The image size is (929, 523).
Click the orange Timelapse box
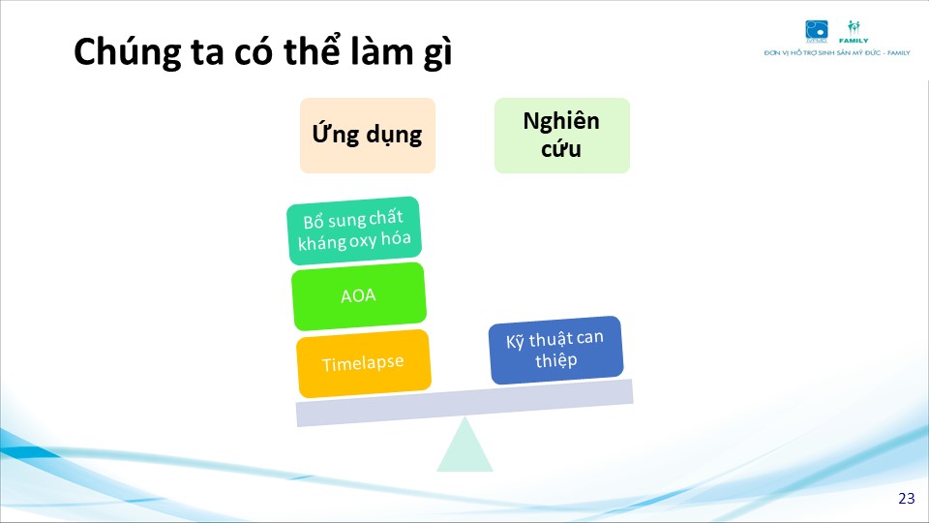[x=364, y=363]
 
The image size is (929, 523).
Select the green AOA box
[x=359, y=296]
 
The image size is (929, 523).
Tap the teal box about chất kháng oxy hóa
[x=354, y=231]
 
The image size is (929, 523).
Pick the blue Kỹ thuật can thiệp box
[x=555, y=350]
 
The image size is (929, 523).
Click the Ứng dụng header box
[x=368, y=136]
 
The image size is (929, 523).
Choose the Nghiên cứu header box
[x=561, y=136]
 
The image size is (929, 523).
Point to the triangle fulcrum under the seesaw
[x=465, y=445]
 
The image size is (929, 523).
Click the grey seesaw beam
[x=464, y=403]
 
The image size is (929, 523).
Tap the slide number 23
[x=907, y=498]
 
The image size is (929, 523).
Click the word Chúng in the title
[x=128, y=52]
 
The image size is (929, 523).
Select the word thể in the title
[x=313, y=50]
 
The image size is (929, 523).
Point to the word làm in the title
[x=381, y=51]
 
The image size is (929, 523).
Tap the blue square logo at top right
[x=817, y=31]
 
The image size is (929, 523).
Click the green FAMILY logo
[x=854, y=32]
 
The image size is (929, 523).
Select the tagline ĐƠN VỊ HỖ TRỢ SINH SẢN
[x=822, y=52]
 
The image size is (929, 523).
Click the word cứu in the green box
[x=560, y=149]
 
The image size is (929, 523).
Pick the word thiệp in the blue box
[x=555, y=360]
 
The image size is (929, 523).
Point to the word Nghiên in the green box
[x=561, y=121]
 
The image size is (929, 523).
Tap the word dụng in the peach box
[x=394, y=136]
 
